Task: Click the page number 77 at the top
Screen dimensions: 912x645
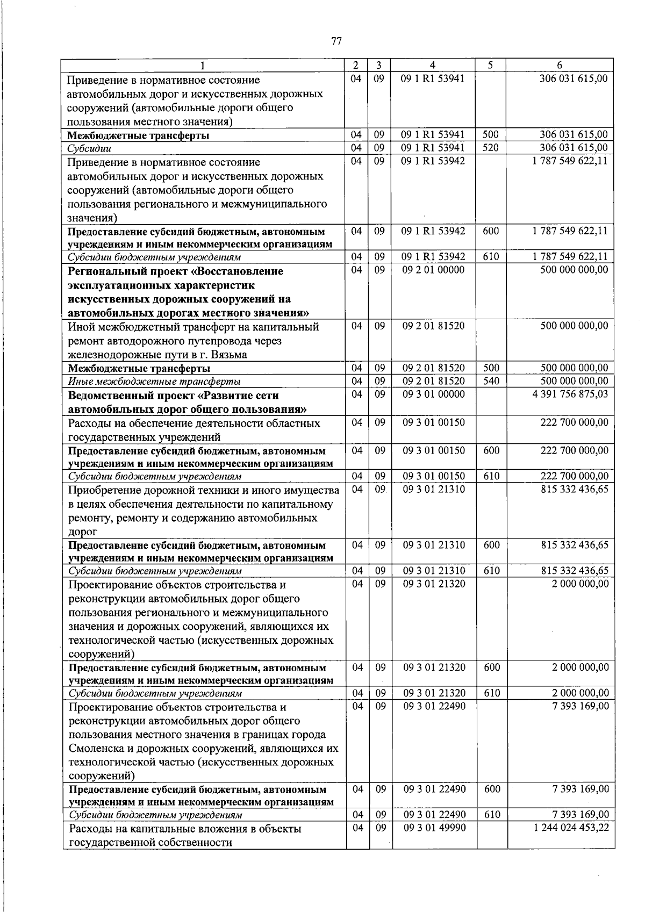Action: [336, 41]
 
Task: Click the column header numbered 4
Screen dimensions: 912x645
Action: [433, 65]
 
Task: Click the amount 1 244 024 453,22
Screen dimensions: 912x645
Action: [571, 828]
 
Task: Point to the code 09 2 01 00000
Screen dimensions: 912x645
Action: [433, 269]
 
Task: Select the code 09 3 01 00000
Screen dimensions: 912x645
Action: [433, 394]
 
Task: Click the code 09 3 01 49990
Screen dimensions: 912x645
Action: [434, 828]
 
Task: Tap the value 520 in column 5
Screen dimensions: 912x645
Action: [490, 147]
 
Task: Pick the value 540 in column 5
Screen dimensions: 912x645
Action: [491, 381]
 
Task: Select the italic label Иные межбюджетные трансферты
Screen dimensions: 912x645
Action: [154, 382]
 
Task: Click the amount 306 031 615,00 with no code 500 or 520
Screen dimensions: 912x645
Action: [574, 78]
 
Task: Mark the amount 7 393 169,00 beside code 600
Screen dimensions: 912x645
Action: [580, 789]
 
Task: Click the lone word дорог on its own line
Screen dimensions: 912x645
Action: [82, 532]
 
